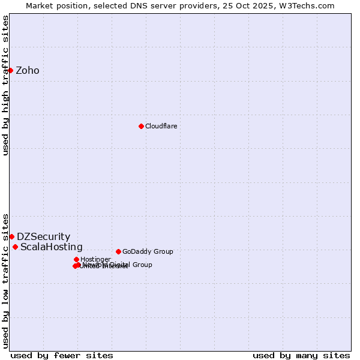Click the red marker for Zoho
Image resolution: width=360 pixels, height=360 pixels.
[10, 70]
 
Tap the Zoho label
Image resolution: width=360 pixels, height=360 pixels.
[28, 71]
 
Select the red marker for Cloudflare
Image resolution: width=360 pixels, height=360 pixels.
[141, 126]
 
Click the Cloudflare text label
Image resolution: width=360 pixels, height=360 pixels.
[161, 126]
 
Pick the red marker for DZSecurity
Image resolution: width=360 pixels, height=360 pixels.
[11, 236]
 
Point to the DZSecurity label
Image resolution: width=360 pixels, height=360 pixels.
[43, 237]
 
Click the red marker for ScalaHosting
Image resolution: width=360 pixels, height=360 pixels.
[15, 247]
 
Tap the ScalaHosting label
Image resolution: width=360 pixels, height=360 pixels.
[52, 247]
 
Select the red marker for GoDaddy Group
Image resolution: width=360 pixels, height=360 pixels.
[118, 251]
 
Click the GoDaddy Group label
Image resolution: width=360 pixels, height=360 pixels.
[148, 251]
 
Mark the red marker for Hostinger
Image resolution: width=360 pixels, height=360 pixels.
[76, 259]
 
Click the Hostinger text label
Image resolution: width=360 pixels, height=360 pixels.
[95, 260]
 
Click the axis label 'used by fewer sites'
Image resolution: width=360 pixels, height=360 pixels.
[62, 355]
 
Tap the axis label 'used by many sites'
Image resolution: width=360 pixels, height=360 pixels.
[301, 355]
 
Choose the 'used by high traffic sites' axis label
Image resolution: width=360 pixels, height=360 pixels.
[5, 85]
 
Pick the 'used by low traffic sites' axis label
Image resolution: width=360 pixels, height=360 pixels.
[5, 280]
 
